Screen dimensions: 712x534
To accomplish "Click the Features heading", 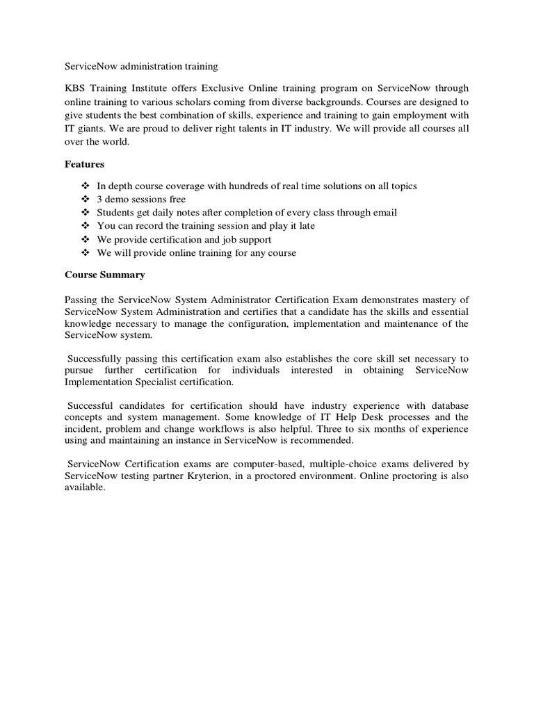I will [x=84, y=164].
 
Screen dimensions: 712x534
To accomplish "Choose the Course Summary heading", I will [x=105, y=275].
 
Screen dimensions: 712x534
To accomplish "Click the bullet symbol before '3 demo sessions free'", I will [x=86, y=200].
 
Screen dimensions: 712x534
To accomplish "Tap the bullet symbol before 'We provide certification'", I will [x=86, y=239].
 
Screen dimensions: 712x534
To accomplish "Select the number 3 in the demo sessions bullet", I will [x=99, y=200].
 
